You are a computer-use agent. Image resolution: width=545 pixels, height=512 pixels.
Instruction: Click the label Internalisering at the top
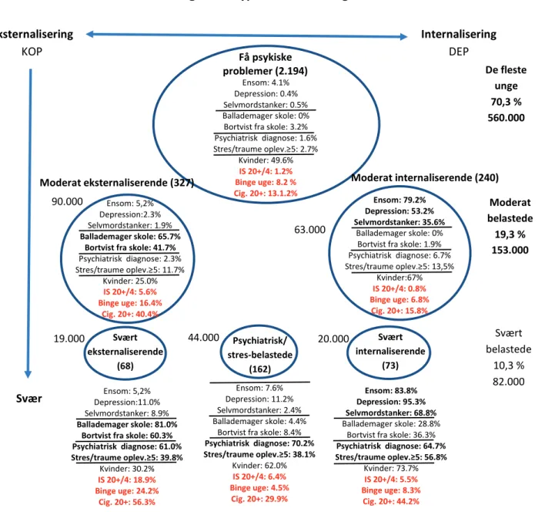click(459, 34)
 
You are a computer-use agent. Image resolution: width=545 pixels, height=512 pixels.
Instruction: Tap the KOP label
click(32, 52)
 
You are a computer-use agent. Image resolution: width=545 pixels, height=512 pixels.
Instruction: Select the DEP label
click(459, 52)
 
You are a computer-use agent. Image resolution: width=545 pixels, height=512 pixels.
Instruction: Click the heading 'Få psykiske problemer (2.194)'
click(266, 64)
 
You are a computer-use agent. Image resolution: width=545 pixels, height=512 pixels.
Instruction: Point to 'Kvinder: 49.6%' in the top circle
click(266, 160)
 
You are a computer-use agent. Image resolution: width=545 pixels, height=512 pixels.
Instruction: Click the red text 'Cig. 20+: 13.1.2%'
click(266, 194)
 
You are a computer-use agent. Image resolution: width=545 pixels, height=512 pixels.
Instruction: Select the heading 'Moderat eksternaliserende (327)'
click(117, 183)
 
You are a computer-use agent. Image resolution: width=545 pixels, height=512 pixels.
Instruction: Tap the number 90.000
click(67, 201)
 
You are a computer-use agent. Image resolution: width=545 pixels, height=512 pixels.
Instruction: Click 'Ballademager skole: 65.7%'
click(130, 237)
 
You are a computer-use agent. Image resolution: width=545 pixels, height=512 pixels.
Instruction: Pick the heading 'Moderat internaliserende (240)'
click(425, 178)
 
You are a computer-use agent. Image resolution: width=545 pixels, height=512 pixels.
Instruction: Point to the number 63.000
click(309, 230)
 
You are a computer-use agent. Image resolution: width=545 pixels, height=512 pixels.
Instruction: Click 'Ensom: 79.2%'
click(400, 200)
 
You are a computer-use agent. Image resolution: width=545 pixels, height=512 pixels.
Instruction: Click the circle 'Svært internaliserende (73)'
click(389, 327)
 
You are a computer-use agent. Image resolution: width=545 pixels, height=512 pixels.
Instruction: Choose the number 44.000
click(204, 337)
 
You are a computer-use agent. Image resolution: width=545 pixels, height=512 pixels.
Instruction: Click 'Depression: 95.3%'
click(391, 402)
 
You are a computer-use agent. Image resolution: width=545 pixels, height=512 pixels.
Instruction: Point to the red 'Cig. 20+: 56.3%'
click(127, 502)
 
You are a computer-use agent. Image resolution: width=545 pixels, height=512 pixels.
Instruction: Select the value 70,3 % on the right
click(506, 102)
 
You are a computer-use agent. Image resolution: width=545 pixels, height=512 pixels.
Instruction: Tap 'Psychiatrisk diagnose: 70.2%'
click(259, 443)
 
